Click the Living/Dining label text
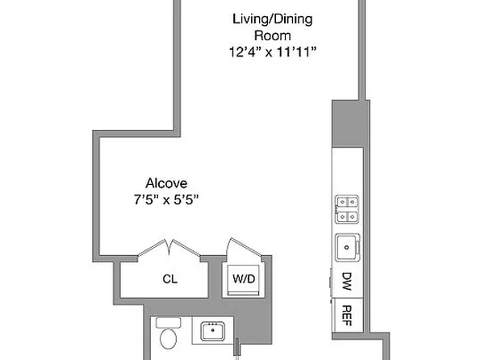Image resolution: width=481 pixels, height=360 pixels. click(x=261, y=19)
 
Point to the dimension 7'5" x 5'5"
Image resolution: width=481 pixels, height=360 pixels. click(x=167, y=199)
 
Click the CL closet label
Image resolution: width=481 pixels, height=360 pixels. click(x=169, y=280)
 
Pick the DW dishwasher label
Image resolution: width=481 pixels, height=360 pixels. click(x=347, y=282)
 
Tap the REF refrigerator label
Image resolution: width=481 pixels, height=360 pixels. click(x=347, y=312)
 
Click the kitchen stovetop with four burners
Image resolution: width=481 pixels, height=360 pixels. click(x=347, y=209)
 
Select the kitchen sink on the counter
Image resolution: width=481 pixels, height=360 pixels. click(x=347, y=246)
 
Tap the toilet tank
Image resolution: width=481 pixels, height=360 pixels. click(x=169, y=322)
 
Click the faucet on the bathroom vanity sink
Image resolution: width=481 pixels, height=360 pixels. click(x=214, y=324)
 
